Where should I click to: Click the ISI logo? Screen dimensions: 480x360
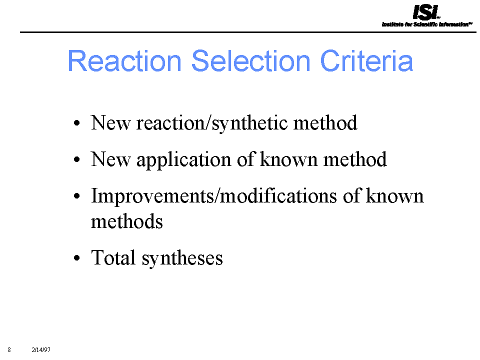[426, 12]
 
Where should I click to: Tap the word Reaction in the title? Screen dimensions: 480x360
[124, 61]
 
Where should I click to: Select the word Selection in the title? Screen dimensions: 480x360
[250, 61]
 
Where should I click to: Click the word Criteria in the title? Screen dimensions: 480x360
[366, 61]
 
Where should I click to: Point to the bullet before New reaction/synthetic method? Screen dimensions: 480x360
[77, 123]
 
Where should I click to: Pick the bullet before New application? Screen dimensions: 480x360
[77, 159]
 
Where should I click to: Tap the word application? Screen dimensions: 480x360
[183, 160]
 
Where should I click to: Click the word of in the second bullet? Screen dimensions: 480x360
[245, 159]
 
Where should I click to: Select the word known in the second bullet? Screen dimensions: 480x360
[288, 159]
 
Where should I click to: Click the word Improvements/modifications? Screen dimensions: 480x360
[214, 196]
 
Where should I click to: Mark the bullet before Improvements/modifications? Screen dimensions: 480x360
[77, 196]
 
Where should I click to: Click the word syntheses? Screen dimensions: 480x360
[182, 258]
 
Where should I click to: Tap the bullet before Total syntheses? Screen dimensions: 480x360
[77, 258]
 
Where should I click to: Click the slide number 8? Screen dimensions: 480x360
[9, 349]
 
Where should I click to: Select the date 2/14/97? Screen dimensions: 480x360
[41, 349]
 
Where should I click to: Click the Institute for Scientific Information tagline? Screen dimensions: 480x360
[427, 24]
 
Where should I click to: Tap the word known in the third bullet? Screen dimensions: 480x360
[394, 195]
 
